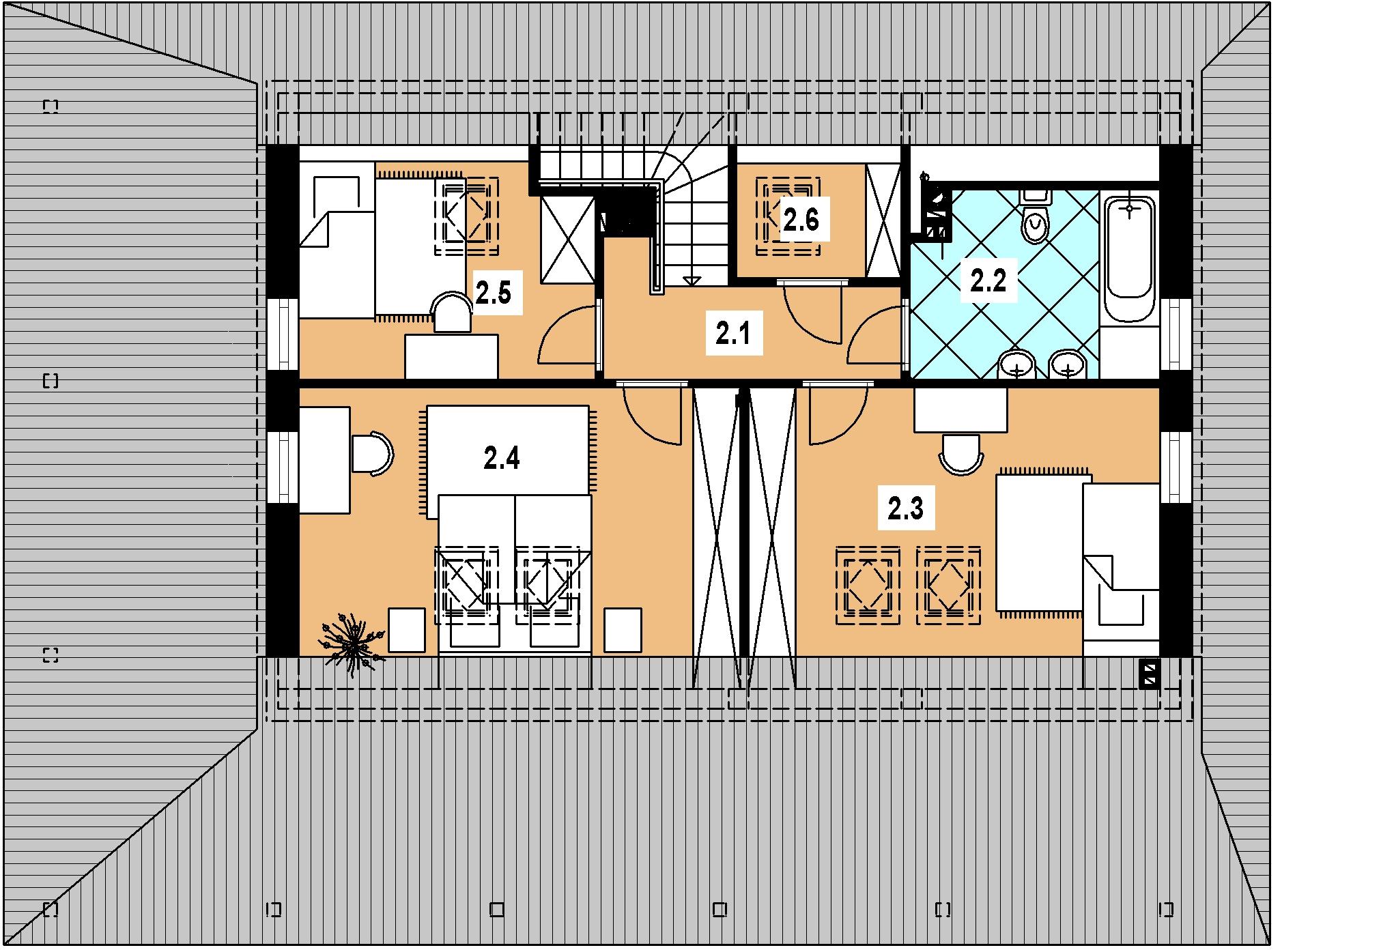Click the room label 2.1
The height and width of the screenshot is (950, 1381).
click(x=733, y=334)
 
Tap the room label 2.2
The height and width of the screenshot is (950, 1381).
click(x=988, y=280)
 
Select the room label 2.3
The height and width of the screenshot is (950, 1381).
click(x=905, y=508)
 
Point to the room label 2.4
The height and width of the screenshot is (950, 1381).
click(x=502, y=459)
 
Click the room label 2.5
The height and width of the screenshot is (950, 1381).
click(x=493, y=294)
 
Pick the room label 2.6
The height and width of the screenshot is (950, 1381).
click(x=801, y=220)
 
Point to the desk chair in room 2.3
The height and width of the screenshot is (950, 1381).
click(x=961, y=453)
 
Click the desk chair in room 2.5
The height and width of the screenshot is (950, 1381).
click(x=453, y=313)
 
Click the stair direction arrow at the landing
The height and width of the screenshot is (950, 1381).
click(x=691, y=280)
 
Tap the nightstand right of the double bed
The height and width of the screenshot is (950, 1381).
click(x=623, y=630)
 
